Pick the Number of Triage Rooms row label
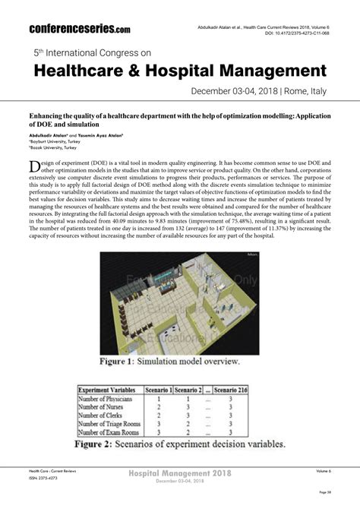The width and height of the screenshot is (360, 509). coord(109,424)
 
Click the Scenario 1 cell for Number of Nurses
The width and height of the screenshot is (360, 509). coord(158,407)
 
